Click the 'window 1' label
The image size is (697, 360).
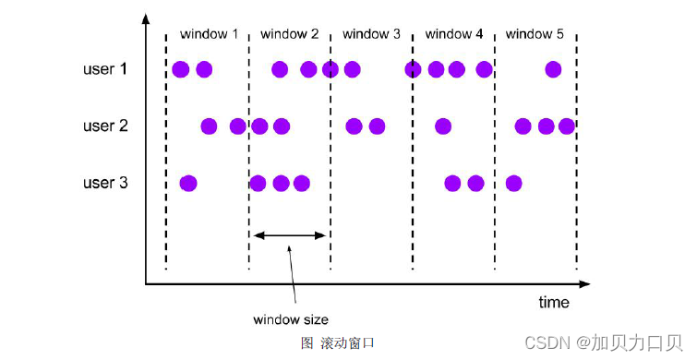(x=209, y=34)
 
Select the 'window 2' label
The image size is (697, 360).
(x=290, y=34)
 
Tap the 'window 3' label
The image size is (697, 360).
(x=371, y=34)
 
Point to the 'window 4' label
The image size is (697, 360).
(x=453, y=34)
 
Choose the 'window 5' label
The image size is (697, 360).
(x=535, y=34)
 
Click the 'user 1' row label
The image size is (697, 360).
(x=106, y=69)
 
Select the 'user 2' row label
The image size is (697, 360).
(x=106, y=126)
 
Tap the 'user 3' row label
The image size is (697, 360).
(x=106, y=183)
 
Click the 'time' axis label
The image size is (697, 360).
(x=554, y=303)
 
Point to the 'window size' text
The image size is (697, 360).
(x=290, y=320)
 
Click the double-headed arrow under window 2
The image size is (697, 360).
(x=291, y=235)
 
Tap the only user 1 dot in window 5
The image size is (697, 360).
(x=553, y=69)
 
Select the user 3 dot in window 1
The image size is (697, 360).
(x=188, y=183)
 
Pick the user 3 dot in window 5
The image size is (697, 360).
(x=514, y=183)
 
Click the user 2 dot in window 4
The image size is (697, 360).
(x=443, y=126)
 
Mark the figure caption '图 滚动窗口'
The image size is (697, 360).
(x=338, y=342)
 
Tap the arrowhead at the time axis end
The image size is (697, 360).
(x=584, y=283)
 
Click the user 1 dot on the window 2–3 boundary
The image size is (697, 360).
(x=330, y=69)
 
